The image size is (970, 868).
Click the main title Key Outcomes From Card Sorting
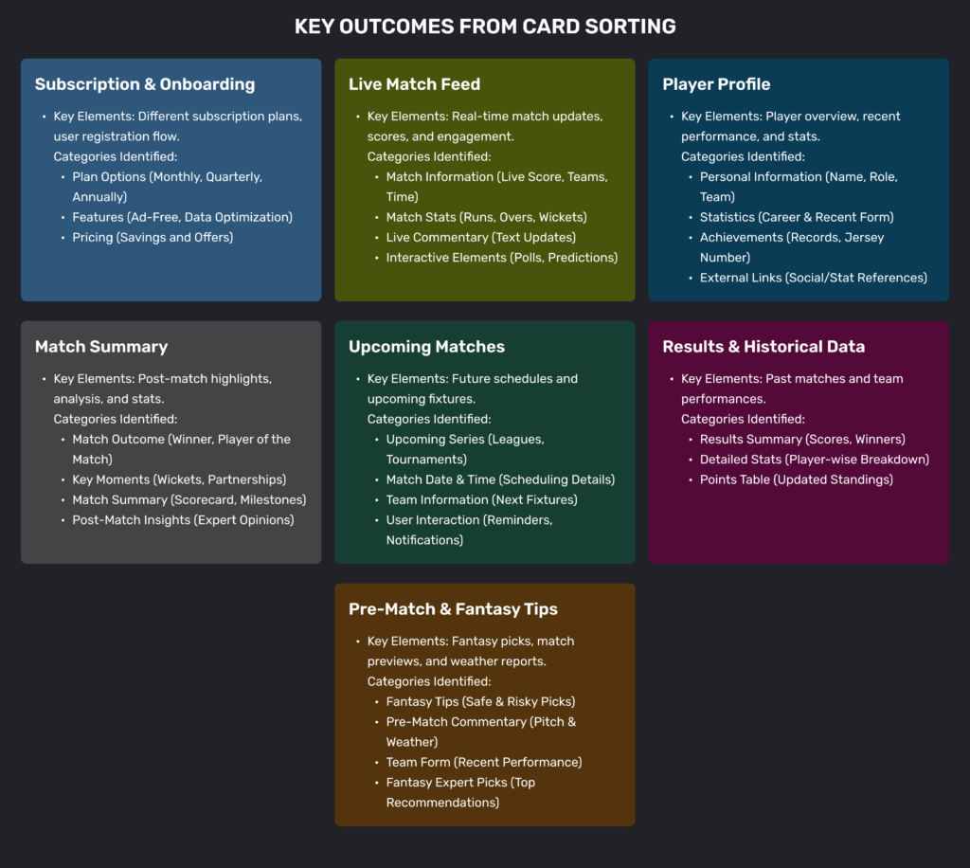tap(485, 26)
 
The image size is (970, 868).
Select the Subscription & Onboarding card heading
tap(145, 84)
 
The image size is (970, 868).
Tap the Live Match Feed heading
tap(414, 84)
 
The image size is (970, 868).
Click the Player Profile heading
tap(716, 84)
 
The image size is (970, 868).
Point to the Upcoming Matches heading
tap(426, 347)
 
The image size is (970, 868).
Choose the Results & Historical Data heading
tap(763, 347)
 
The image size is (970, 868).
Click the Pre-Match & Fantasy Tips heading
tap(453, 609)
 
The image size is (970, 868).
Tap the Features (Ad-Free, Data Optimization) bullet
tap(182, 217)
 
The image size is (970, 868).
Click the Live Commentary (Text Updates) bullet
tap(480, 237)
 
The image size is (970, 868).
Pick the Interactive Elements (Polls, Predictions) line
tap(501, 258)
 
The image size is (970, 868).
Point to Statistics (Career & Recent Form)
tap(797, 217)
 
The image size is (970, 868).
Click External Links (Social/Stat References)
tap(813, 278)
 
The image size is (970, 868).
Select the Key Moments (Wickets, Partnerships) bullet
tap(179, 479)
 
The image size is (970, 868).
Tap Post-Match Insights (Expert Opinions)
tap(183, 519)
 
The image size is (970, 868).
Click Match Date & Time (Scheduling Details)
tap(500, 479)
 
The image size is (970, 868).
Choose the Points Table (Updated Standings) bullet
tap(796, 479)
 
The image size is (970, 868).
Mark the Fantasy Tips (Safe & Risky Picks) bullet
tap(480, 701)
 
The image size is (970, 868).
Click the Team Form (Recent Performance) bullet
tap(484, 762)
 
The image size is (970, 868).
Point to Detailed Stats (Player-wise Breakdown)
tap(814, 460)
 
